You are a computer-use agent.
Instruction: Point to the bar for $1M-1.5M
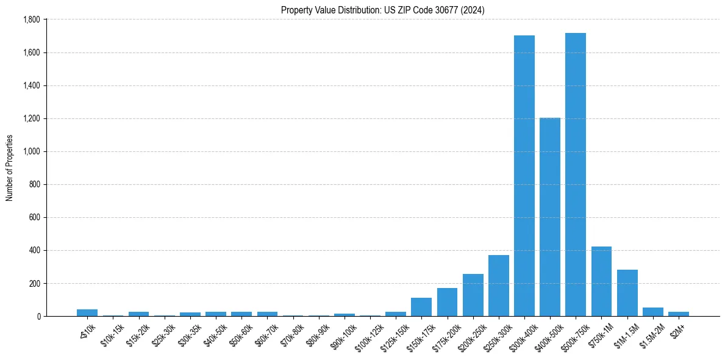click(627, 293)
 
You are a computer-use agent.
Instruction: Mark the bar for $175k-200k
click(447, 302)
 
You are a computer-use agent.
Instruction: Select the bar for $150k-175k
click(421, 307)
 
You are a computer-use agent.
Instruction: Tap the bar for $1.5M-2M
click(652, 312)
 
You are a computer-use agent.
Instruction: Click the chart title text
click(382, 10)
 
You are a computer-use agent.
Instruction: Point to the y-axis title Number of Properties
click(10, 168)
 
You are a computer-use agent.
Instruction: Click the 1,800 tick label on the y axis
click(31, 20)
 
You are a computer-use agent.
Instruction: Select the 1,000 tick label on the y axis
click(31, 151)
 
